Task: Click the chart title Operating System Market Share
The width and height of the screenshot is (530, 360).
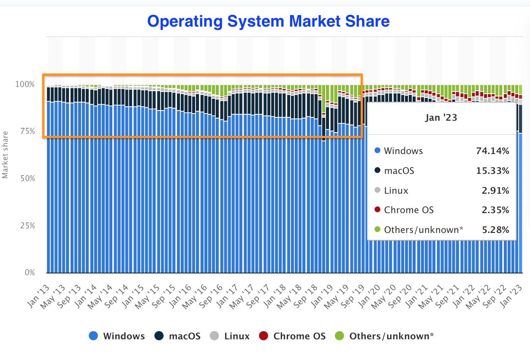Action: tap(268, 21)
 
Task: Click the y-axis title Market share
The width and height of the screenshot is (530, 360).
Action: tap(5, 154)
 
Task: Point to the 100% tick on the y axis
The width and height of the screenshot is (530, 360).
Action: tap(25, 84)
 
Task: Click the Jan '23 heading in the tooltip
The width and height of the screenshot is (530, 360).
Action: tap(441, 118)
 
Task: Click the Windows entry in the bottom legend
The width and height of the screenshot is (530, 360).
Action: tap(123, 336)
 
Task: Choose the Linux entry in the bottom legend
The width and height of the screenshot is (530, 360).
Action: tap(236, 336)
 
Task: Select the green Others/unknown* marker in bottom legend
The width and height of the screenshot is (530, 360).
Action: tap(340, 336)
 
